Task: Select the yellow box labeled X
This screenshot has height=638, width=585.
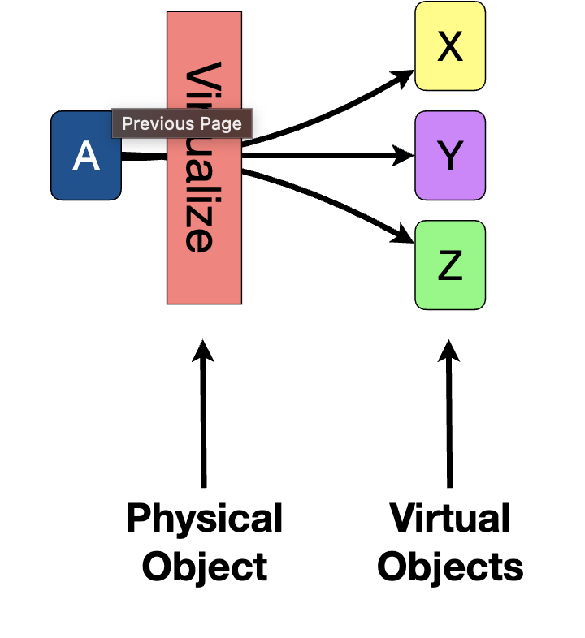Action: point(450,45)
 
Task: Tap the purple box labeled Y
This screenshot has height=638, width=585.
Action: point(450,155)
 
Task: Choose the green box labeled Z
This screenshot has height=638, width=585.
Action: point(450,265)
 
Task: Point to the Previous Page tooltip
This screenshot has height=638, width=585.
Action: point(182,124)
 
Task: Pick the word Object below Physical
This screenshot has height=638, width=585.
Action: point(204,567)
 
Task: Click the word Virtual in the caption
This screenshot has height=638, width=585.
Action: point(449,518)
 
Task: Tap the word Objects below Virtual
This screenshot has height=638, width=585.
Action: point(450,567)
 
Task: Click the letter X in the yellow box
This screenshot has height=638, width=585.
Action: point(450,47)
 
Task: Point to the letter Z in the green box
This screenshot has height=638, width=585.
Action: point(450,265)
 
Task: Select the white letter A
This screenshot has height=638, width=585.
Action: point(86,156)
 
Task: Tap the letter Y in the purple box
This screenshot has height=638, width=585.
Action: point(450,156)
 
